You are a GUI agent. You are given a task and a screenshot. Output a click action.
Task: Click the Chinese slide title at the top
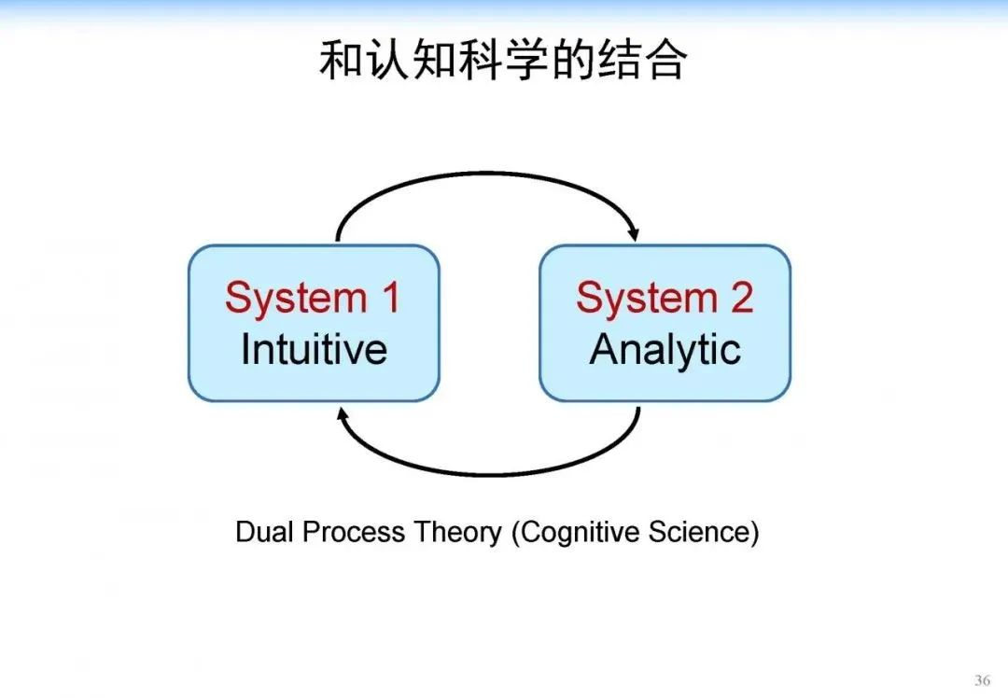pos(503,61)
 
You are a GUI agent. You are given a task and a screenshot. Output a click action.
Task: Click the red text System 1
pos(313,298)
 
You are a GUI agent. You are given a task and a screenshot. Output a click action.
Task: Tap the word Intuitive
pos(314,349)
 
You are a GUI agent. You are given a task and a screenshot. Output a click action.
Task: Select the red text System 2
pos(665,298)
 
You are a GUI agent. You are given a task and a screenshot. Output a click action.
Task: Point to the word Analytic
pos(665,349)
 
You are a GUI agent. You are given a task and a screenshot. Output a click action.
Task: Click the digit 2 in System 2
pos(741,298)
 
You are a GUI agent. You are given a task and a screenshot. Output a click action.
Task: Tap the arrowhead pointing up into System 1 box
pos(343,413)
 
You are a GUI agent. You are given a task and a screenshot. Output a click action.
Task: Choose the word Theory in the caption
pos(458,533)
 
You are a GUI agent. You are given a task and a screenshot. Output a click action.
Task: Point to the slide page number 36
pos(982,679)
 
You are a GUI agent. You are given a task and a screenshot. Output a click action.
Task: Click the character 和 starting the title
pos(340,61)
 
